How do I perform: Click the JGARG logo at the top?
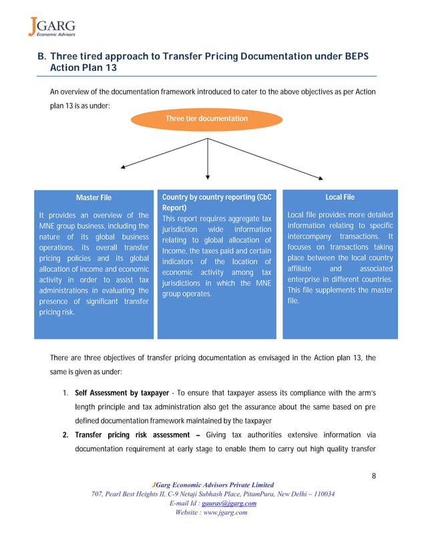[51, 27]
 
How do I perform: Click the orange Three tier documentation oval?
[207, 119]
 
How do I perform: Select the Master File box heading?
[93, 198]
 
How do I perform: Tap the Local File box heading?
[339, 197]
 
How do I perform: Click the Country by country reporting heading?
[217, 197]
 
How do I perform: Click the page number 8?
[374, 476]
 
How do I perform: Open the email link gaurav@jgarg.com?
[229, 503]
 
